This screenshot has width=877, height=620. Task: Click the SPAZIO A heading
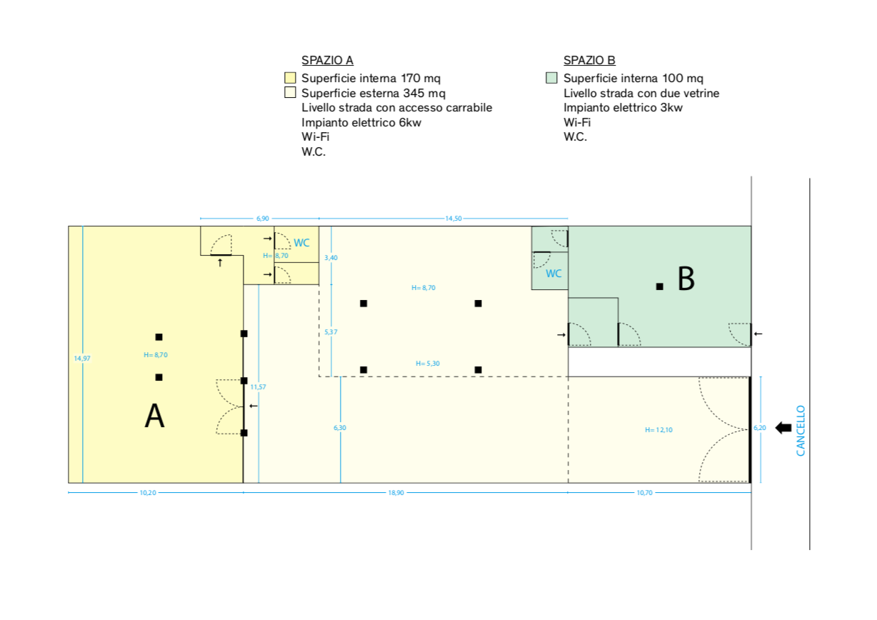[327, 60]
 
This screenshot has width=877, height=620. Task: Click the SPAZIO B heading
[589, 60]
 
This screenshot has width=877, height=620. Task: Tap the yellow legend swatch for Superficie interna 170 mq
[290, 78]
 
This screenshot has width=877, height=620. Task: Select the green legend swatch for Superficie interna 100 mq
[551, 78]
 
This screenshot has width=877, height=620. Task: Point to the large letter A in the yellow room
[155, 416]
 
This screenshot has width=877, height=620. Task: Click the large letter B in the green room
[686, 279]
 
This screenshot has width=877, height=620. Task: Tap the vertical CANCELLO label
[801, 431]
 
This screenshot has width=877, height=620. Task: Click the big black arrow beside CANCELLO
[783, 428]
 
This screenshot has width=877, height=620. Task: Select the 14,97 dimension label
[82, 359]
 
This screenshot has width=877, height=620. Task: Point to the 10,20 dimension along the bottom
[148, 493]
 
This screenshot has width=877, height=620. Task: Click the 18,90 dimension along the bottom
[396, 493]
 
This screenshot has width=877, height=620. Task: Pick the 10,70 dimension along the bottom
[644, 493]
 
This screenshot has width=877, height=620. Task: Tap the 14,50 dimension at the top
[453, 219]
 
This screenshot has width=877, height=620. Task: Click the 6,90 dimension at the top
[263, 219]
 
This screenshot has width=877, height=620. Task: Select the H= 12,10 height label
[658, 430]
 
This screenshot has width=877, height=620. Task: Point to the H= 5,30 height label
[428, 364]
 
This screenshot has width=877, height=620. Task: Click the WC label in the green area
[553, 274]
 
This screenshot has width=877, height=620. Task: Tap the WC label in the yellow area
[301, 243]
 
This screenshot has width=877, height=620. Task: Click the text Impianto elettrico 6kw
[361, 123]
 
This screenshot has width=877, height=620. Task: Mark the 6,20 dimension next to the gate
[760, 428]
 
